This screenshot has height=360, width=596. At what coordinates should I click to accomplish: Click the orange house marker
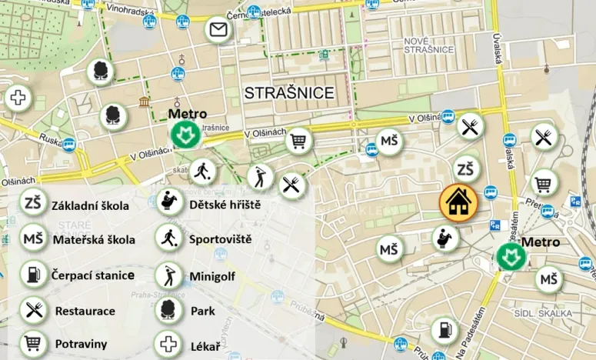(458, 202)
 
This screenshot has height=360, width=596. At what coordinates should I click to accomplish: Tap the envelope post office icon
(218, 31)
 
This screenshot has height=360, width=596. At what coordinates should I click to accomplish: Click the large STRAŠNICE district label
(289, 93)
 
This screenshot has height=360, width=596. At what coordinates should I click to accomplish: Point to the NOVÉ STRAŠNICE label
(428, 45)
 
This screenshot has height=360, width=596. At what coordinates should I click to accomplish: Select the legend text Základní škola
(90, 206)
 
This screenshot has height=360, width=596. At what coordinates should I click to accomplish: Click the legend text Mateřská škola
(94, 239)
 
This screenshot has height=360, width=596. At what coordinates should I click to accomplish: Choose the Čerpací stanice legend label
(93, 275)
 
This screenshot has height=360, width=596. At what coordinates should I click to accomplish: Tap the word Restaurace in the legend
(85, 312)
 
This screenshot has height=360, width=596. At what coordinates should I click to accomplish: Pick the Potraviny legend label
(81, 344)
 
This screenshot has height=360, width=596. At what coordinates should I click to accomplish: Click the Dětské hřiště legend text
(225, 205)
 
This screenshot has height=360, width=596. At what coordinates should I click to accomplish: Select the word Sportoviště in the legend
(220, 239)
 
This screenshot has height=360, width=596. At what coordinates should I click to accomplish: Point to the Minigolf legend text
(212, 275)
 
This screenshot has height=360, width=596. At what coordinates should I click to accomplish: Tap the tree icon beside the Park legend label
(168, 311)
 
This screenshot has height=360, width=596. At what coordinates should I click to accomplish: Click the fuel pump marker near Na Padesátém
(444, 332)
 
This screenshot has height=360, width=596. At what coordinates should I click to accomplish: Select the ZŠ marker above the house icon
(465, 169)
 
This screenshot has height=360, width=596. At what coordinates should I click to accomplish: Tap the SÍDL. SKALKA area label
(544, 313)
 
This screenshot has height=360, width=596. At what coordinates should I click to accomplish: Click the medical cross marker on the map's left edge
(17, 98)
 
